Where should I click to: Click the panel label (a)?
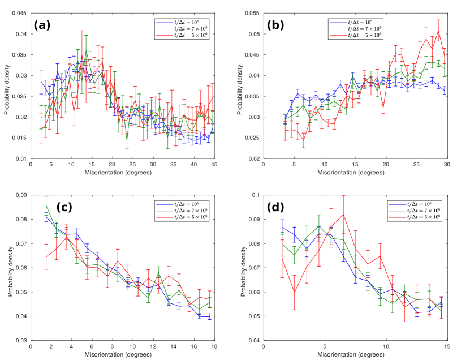44,25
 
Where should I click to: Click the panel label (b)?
278,25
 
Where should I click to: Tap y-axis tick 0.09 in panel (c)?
20,195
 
